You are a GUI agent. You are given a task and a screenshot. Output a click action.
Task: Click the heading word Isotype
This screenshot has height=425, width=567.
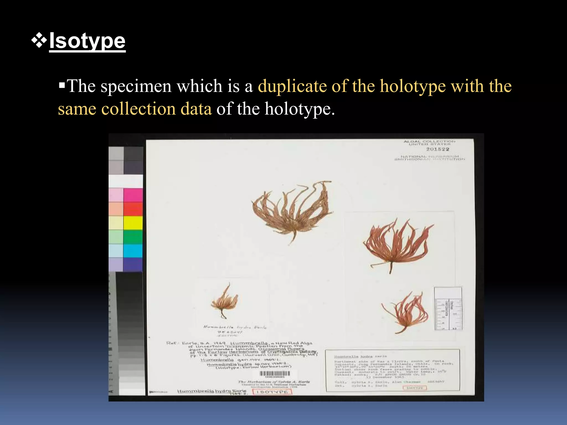coord(87,41)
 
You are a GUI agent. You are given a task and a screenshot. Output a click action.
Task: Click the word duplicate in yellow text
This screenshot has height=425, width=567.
coord(292,86)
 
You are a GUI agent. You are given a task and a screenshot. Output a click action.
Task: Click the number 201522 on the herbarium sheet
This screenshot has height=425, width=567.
coord(437,149)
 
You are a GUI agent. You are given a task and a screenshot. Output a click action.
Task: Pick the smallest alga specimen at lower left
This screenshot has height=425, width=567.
coord(224,302)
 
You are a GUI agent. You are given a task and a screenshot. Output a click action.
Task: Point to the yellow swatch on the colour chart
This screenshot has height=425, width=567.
coord(133,223)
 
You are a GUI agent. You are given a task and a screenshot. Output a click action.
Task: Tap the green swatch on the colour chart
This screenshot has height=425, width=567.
coord(133,237)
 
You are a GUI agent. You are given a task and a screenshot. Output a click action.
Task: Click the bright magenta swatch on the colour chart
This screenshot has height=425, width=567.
coord(133,195)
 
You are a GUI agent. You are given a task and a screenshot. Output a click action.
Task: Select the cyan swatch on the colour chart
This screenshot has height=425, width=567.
coord(133,251)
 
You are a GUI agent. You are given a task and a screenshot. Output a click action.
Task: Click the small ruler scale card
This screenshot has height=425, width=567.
coord(448,309)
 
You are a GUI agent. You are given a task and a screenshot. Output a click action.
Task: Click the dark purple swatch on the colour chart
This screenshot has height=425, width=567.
coord(133,265)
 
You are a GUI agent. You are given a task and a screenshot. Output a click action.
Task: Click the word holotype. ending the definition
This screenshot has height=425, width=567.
coord(300,109)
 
